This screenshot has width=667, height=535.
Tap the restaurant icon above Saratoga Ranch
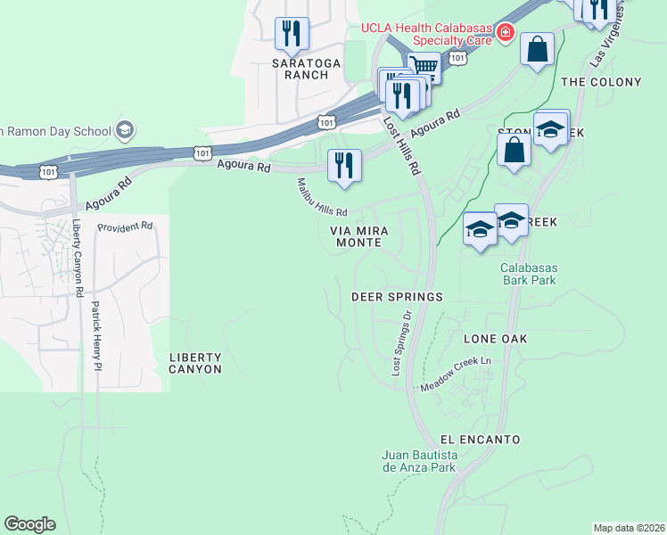click(x=292, y=34)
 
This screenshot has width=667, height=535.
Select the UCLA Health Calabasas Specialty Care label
click(x=427, y=34)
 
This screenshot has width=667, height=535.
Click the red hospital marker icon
click(x=505, y=33)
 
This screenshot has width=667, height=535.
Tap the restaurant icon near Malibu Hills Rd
click(x=344, y=165)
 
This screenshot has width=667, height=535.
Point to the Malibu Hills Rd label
click(x=322, y=196)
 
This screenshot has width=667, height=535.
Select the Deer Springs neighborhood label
click(x=397, y=296)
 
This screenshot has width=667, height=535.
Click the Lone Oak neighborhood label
click(x=495, y=339)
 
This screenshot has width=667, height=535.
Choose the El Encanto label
click(x=480, y=440)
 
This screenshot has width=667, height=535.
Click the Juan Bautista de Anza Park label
click(x=419, y=461)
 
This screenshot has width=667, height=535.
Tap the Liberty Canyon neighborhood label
click(x=195, y=363)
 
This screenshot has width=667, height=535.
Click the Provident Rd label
click(x=125, y=227)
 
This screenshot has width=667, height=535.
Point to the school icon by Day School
click(x=125, y=130)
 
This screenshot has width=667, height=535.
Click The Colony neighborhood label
click(x=602, y=82)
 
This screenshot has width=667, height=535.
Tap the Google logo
click(x=29, y=524)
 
